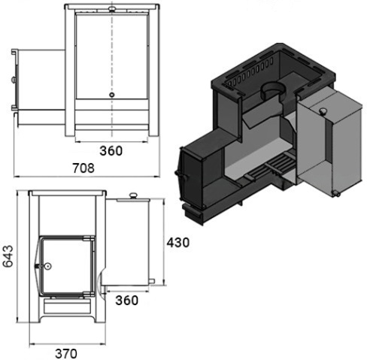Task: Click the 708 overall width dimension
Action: pos(83,168)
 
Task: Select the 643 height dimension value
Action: pos(8,256)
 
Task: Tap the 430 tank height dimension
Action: pos(178,243)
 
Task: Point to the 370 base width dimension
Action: pos(66,354)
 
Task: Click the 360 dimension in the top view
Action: pos(111,151)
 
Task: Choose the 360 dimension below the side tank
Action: pos(127,300)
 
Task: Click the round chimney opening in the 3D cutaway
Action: pos(273,89)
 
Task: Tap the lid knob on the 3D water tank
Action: pos(323,110)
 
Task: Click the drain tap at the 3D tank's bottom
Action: pos(335,193)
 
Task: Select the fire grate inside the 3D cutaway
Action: pos(271,166)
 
